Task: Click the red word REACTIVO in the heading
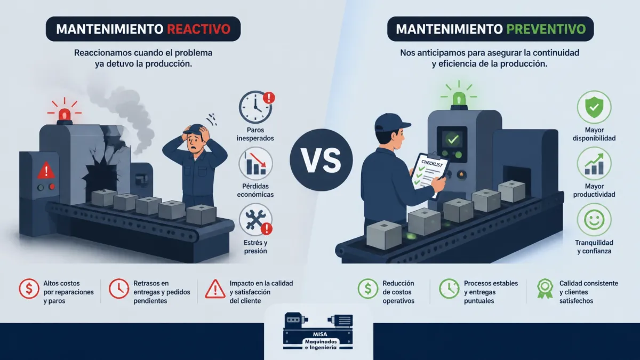pos(198,29)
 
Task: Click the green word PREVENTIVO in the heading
pos(546,29)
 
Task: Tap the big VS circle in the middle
pos(321,160)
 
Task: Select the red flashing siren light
pos(65,115)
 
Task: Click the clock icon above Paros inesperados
pos(255,107)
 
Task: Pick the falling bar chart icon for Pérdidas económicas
pos(255,163)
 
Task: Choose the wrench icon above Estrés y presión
pos(255,220)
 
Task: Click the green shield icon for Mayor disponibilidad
pos(594,107)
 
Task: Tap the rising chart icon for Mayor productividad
pos(594,163)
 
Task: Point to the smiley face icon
pos(594,220)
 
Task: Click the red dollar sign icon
pos(29,289)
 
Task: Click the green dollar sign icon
pos(367,289)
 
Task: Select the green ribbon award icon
pos(545,289)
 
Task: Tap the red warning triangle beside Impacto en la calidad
pos(215,289)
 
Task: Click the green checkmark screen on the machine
pos(453,139)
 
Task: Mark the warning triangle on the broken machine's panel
pos(46,170)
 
